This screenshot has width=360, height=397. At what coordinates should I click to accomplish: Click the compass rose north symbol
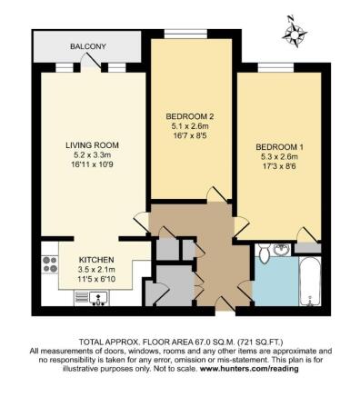tap(295, 35)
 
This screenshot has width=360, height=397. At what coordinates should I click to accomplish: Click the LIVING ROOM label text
tap(92, 145)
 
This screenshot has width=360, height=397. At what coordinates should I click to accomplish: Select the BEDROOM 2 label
tap(190, 116)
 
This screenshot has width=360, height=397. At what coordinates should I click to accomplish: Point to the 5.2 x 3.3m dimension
tap(92, 156)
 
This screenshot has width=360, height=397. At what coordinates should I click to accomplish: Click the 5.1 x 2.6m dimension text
tap(190, 127)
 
